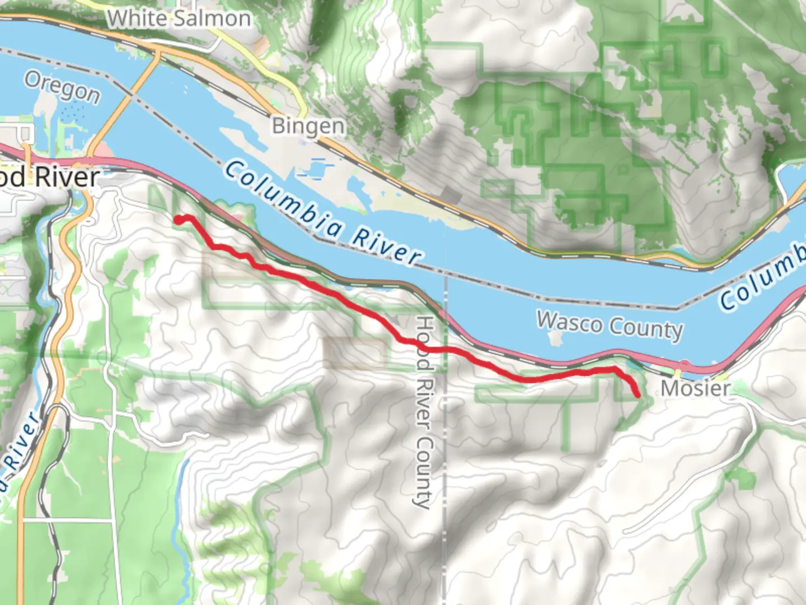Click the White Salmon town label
(179, 18)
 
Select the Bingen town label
(308, 125)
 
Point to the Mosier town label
(696, 388)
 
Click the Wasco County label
(610, 325)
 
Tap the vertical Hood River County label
(424, 412)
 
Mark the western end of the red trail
(179, 220)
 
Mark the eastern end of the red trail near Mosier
(638, 395)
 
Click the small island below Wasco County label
(556, 338)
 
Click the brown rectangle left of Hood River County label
(354, 353)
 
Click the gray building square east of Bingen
(451, 196)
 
